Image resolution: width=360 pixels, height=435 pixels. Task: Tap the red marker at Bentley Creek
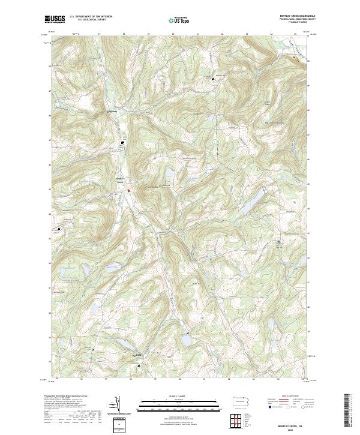coord(128,190)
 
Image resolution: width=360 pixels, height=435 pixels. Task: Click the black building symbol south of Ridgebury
coord(122,142)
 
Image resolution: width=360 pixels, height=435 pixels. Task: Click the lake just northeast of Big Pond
coord(185,340)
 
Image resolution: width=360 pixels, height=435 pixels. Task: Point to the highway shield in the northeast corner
coord(295,59)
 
